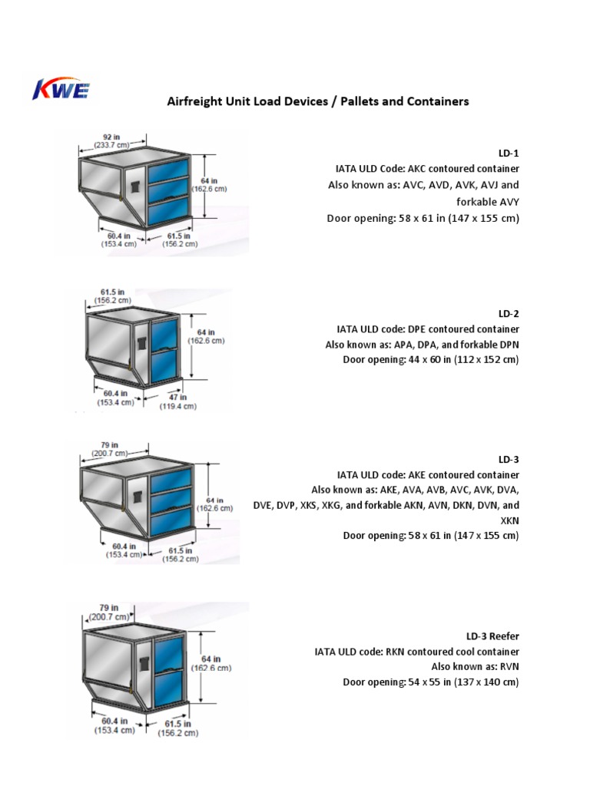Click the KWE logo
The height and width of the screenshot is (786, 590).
(61, 90)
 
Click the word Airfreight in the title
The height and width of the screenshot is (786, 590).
(194, 101)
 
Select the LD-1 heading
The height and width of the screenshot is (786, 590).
(509, 154)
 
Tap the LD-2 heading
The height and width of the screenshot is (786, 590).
(509, 313)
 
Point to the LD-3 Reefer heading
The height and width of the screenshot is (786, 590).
(492, 636)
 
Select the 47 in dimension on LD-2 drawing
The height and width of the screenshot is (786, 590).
(177, 398)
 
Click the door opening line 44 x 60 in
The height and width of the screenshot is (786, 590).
(430, 359)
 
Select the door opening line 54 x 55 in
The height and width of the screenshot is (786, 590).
(430, 682)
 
